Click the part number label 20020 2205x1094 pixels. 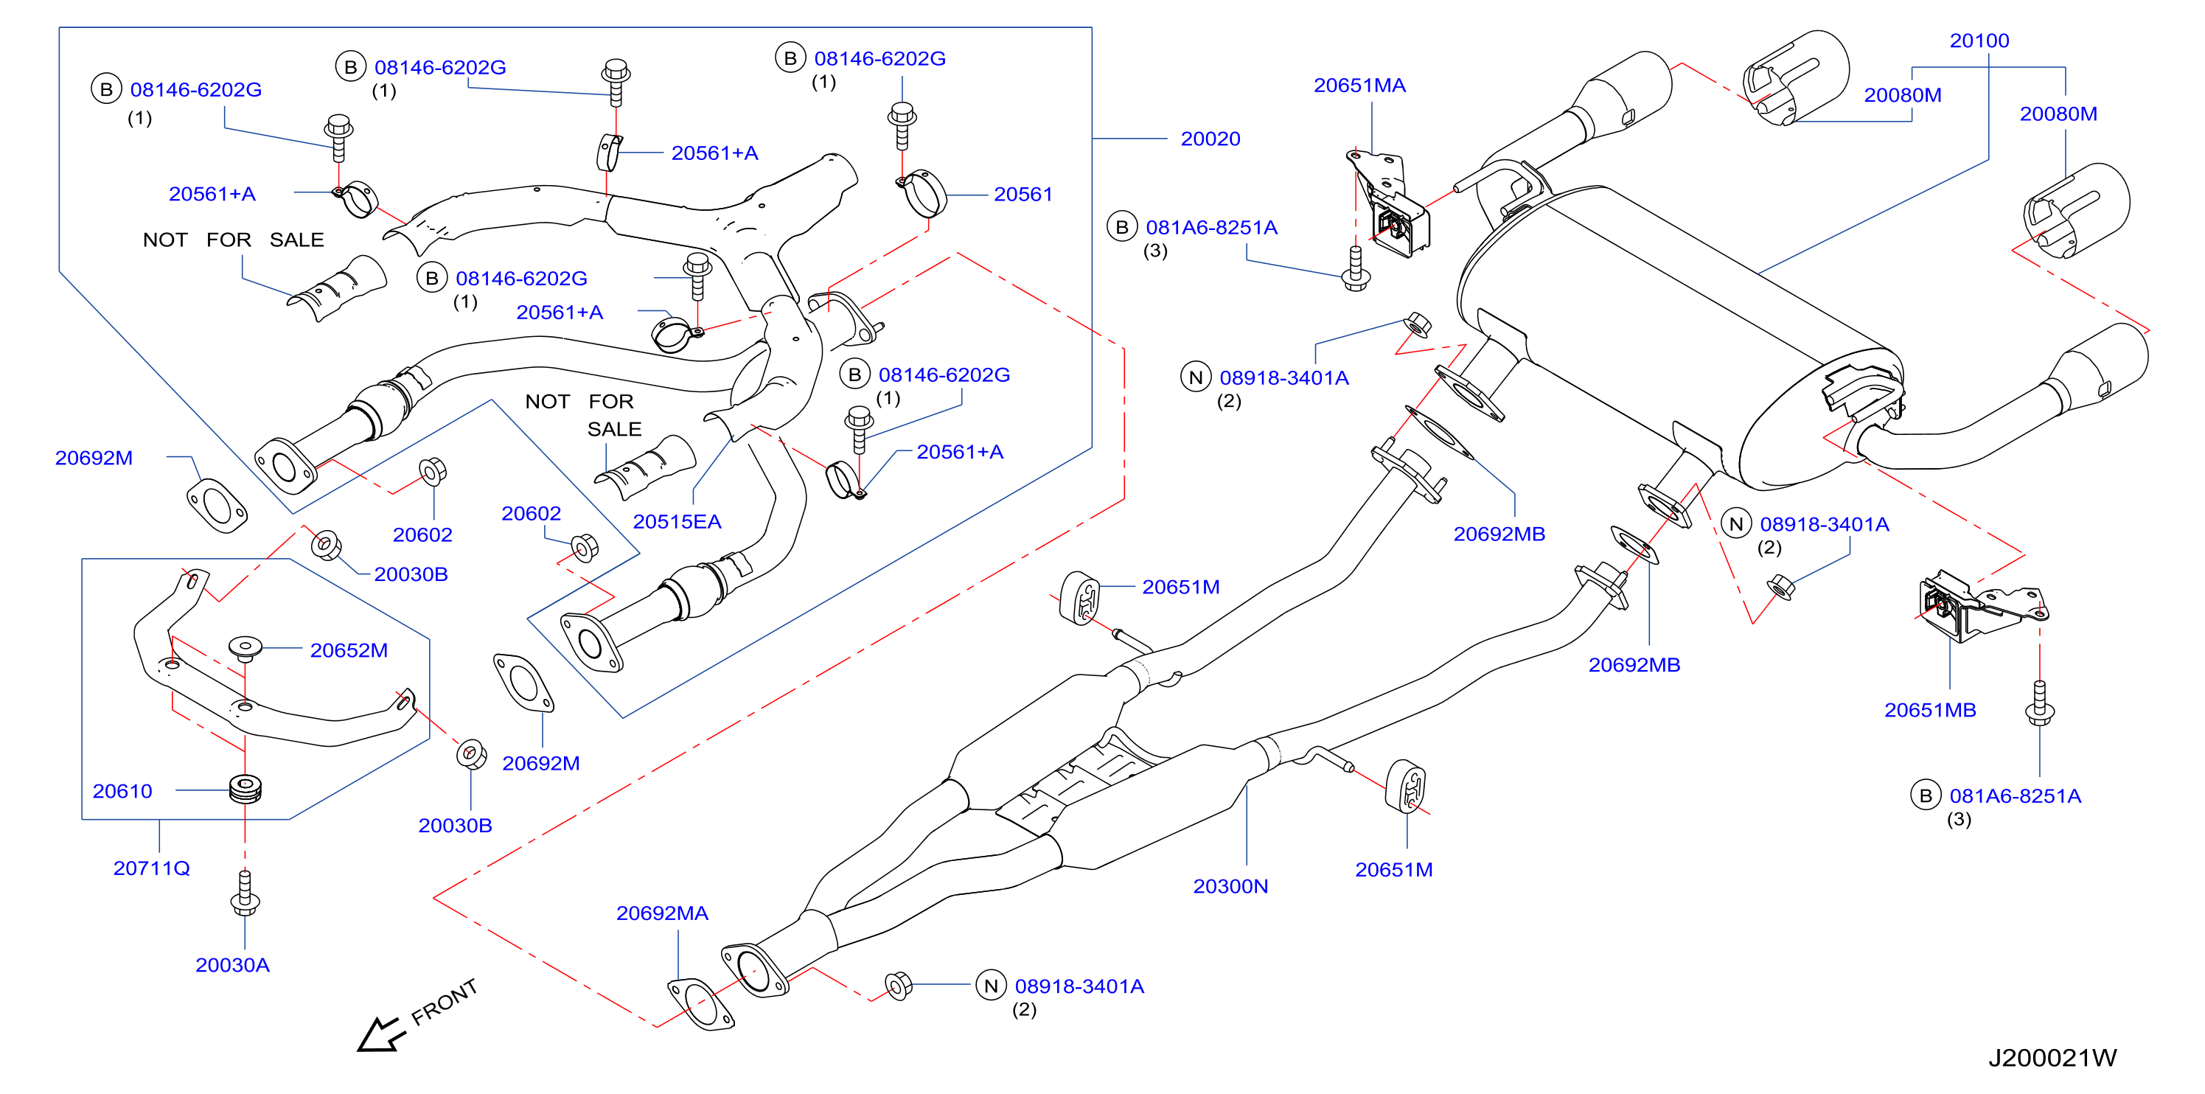point(1210,139)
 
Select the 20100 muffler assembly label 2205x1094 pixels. point(1979,41)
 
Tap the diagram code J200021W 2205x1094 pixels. point(2052,1058)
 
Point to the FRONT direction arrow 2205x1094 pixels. point(380,1034)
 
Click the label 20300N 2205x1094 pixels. point(1230,886)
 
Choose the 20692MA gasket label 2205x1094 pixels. point(662,913)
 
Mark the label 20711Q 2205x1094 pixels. point(152,868)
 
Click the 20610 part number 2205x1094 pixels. point(122,791)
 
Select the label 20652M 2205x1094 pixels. point(349,651)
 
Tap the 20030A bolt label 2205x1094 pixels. point(232,965)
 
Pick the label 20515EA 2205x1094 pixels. point(676,521)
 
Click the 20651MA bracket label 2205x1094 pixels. point(1359,86)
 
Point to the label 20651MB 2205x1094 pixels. point(1929,710)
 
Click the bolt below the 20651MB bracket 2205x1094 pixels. point(2039,703)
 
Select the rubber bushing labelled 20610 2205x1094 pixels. point(245,788)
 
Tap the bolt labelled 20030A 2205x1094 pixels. point(245,893)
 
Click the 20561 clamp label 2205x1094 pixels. point(1023,195)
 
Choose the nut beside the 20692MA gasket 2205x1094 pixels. point(898,986)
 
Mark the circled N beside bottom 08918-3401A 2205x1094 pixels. point(990,986)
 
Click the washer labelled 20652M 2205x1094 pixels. point(245,648)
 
